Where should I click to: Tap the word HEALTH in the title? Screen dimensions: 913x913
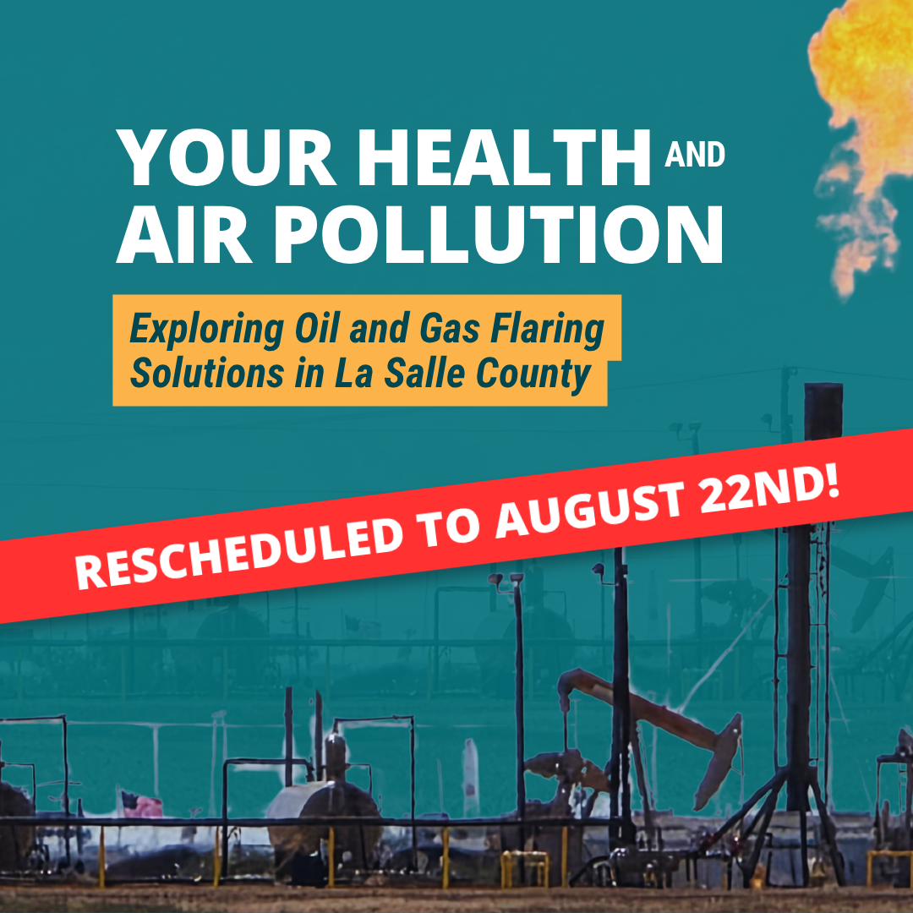pos(504,157)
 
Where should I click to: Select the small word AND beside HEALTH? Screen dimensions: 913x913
pos(695,155)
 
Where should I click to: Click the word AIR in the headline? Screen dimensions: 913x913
pos(184,234)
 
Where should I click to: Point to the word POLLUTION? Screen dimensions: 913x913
pos(499,234)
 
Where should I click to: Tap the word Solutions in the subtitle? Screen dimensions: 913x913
pos(207,373)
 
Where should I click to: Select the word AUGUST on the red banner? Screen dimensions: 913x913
pos(590,511)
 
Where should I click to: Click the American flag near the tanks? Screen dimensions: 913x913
pos(141,805)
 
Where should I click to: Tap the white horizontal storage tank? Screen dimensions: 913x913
pos(324,815)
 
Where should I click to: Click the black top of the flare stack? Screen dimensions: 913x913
pos(823,411)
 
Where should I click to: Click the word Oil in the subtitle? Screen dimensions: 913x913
pos(317,328)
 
